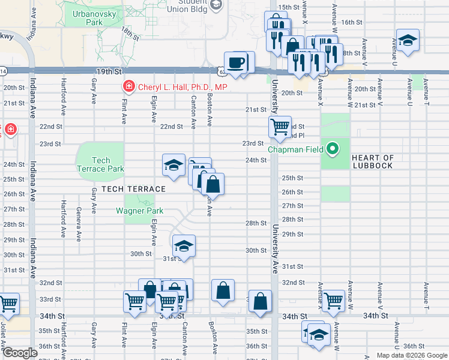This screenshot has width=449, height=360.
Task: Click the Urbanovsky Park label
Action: click(86, 18)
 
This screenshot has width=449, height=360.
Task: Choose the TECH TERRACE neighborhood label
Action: click(133, 189)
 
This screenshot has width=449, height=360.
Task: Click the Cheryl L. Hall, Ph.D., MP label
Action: click(182, 87)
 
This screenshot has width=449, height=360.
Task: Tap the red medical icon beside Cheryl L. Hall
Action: click(128, 87)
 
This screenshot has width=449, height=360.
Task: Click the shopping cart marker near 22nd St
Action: click(279, 127)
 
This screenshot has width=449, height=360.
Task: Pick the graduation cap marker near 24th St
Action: click(173, 164)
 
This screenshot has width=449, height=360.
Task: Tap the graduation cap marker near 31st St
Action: click(184, 245)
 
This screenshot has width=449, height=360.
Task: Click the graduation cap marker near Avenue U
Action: click(408, 40)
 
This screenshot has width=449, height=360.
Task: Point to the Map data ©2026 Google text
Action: click(412, 355)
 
